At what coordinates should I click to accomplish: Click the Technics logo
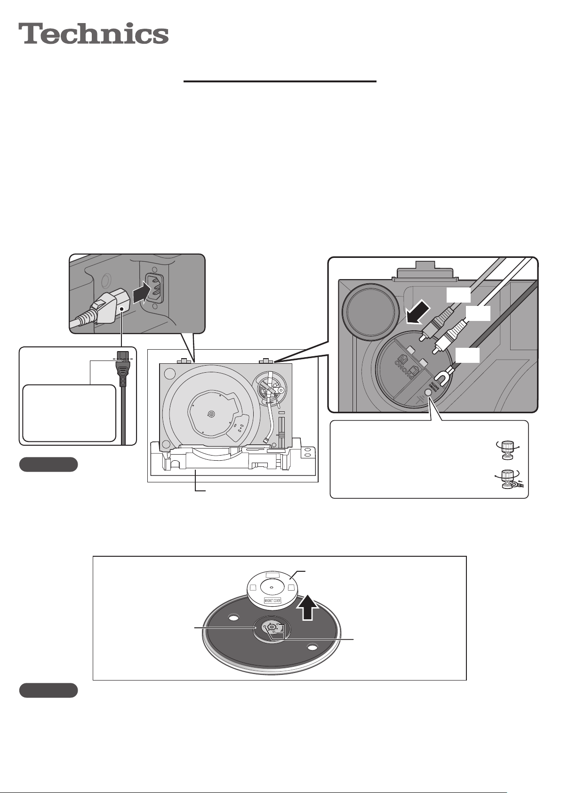[94, 34]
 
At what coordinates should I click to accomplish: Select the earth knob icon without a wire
[507, 449]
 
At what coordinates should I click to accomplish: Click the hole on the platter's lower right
[312, 648]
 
